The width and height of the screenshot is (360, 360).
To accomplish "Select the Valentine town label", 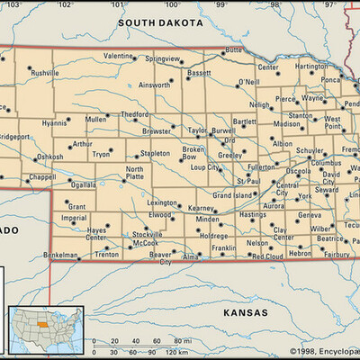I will [117, 56].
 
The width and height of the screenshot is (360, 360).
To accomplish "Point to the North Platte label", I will [134, 173].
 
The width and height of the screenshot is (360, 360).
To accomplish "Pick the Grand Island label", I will [232, 194].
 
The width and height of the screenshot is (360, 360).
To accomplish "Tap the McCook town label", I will [145, 243].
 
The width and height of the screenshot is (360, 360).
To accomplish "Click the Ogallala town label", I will [84, 184].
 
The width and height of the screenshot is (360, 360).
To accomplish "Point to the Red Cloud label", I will [267, 256].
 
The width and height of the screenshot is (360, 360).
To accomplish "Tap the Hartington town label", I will [311, 66].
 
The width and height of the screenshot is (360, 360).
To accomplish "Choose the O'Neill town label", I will [248, 83].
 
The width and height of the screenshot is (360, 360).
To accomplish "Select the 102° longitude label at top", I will [64, 4].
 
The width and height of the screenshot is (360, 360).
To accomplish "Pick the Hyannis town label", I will [54, 123].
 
